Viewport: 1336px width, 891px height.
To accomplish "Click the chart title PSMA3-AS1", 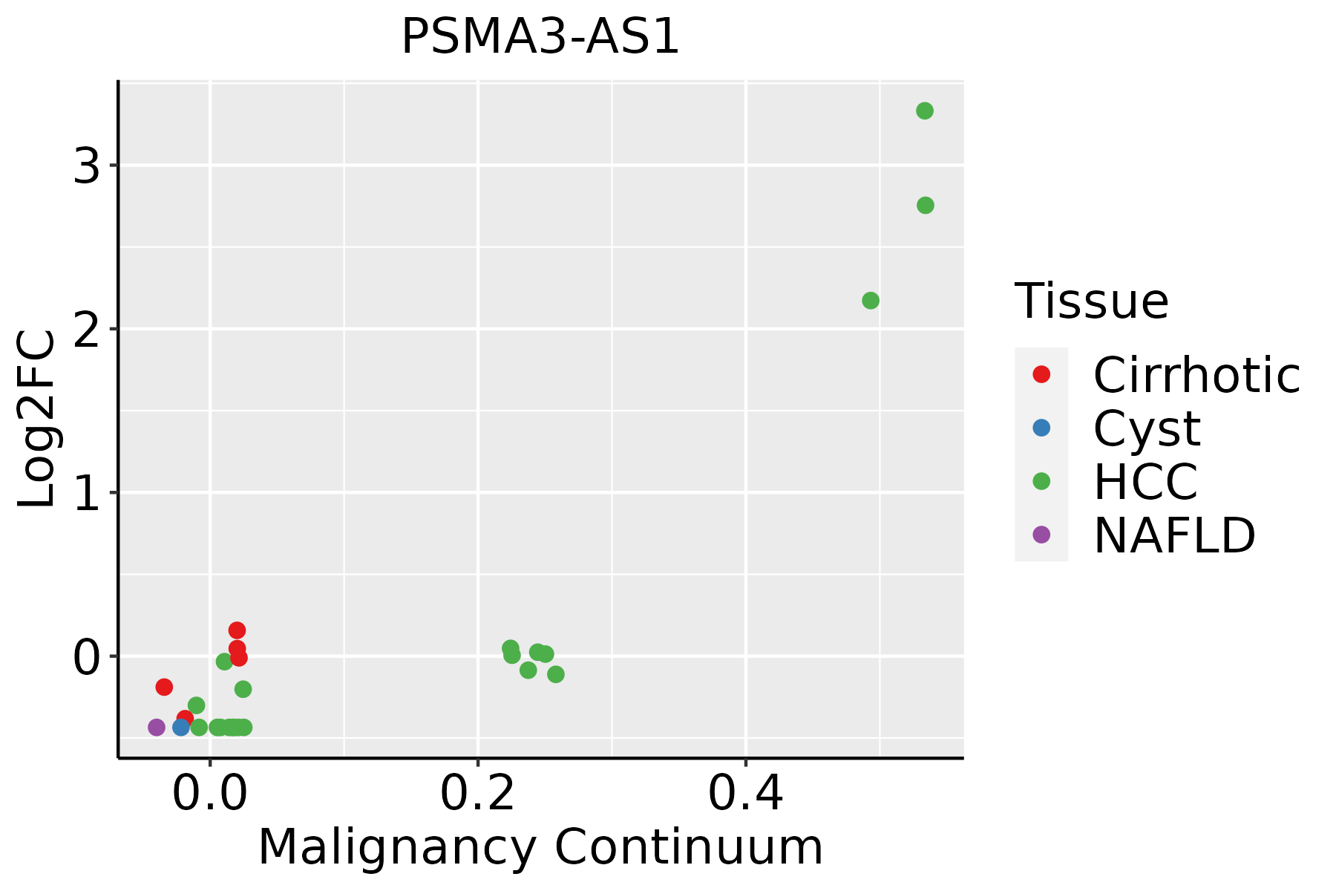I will [x=540, y=37].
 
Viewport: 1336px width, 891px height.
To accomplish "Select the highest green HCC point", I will [x=924, y=111].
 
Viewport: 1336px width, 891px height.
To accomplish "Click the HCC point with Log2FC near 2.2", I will [x=871, y=301].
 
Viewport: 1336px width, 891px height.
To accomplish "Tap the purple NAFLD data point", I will [x=157, y=727].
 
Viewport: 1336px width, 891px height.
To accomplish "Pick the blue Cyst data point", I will [x=181, y=727].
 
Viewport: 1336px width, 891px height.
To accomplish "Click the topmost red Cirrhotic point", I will [x=237, y=630].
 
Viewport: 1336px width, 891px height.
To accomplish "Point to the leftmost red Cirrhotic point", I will [x=164, y=687].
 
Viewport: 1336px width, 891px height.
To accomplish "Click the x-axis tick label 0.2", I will [x=478, y=794].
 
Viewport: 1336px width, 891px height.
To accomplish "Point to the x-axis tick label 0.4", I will [x=745, y=794].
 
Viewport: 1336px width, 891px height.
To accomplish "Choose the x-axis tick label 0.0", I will [x=210, y=794].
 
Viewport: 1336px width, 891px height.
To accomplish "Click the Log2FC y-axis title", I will [x=37, y=419].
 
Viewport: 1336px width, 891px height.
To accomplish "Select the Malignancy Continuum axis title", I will [x=540, y=848].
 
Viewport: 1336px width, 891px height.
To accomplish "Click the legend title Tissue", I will [x=1091, y=301].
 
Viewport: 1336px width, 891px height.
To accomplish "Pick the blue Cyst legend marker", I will [x=1041, y=428].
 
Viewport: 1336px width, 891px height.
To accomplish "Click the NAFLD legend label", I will [x=1174, y=535].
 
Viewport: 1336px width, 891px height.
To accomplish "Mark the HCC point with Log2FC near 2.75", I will [x=925, y=205].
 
